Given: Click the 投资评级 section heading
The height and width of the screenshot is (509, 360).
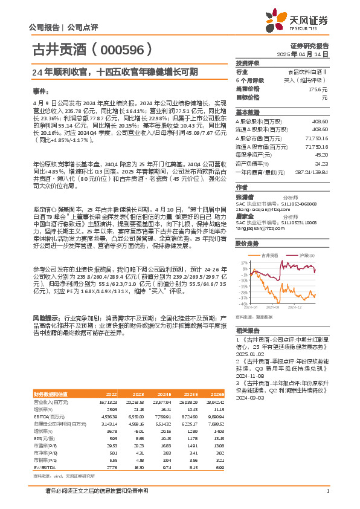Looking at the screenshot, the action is [248, 63].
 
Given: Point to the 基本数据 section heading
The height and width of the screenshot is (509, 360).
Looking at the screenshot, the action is [248, 113].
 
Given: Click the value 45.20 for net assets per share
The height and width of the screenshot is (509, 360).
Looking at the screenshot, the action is [321, 155].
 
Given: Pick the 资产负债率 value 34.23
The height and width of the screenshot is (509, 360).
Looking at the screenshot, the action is [321, 163].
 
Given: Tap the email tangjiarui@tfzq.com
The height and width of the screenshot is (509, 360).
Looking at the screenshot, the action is [257, 228].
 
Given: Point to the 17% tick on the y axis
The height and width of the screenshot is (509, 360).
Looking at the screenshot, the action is [243, 264].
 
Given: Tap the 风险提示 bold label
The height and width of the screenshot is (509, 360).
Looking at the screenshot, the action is [45, 317].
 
